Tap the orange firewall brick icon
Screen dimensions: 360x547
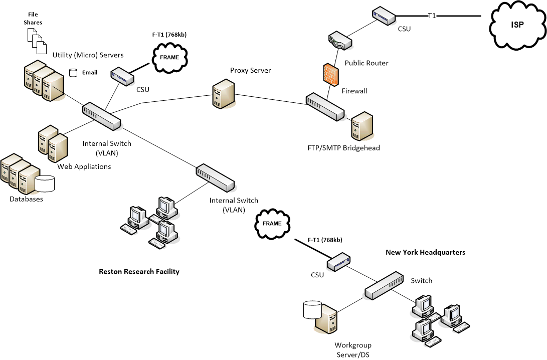click(330, 74)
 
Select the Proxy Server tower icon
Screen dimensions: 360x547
click(223, 93)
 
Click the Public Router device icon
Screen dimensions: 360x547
click(340, 42)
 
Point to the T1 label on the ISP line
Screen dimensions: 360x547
click(432, 16)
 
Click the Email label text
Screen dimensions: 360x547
click(90, 73)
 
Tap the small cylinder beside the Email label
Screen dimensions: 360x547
click(74, 73)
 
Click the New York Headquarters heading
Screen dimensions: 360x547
click(425, 252)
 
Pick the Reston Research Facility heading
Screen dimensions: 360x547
click(139, 271)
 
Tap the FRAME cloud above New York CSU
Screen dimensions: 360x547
click(272, 224)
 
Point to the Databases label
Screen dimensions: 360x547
click(26, 199)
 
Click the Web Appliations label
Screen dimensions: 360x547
click(84, 166)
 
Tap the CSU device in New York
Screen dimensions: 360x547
click(339, 261)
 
